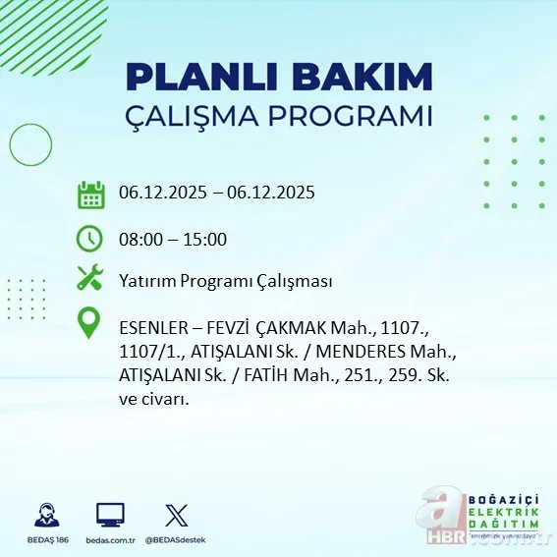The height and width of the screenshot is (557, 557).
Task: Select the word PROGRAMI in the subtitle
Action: pos(353,115)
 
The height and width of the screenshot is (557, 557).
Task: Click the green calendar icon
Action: pos(91,195)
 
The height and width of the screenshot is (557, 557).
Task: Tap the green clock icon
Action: pos(90,239)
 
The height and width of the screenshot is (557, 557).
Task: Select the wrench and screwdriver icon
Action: pos(90,279)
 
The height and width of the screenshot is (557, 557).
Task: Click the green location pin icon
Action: pos(90,323)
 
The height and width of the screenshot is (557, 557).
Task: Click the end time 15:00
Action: pos(206,239)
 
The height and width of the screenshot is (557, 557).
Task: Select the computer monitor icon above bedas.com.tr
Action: pos(110,515)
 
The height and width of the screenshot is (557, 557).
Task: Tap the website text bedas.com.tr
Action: pos(110,540)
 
